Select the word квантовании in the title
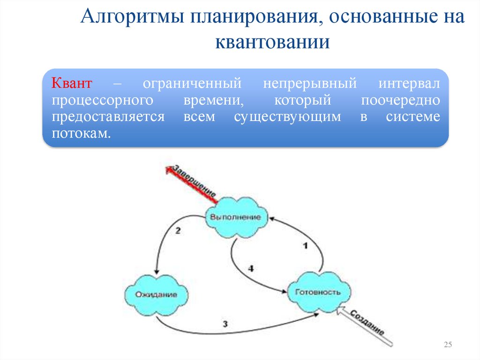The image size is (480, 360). pos(273,42)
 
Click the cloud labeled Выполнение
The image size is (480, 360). pos(235,217)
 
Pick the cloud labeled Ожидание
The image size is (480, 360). pos(156,295)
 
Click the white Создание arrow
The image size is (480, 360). pos(366,324)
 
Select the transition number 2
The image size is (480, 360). pos(178,230)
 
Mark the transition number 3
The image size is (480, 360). pos(225,323)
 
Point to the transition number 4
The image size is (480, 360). pos(251,268)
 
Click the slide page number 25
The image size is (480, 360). pos(447,345)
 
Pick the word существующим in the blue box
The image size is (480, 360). pos(287,117)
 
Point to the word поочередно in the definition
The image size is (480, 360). pos(401,101)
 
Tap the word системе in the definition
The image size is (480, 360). pos(413,117)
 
